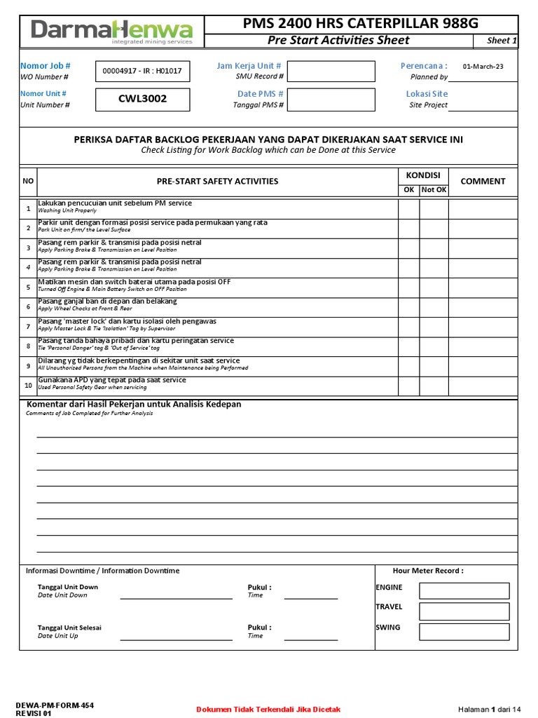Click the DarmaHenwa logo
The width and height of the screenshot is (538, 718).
[112, 31]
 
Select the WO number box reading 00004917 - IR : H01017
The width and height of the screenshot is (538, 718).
[142, 71]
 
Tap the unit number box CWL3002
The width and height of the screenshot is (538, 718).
[142, 99]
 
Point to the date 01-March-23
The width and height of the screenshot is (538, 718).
[483, 67]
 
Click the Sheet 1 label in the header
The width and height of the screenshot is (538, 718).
[501, 41]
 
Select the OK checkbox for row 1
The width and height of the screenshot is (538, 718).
[408, 209]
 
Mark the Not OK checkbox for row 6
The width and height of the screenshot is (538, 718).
[434, 307]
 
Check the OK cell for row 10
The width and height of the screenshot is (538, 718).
[408, 386]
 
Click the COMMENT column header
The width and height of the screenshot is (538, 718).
[483, 181]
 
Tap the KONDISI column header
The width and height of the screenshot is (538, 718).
[423, 175]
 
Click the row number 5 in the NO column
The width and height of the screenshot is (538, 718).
[28, 287]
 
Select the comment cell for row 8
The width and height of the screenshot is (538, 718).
[483, 346]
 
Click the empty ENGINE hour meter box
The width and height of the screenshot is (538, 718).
[464, 590]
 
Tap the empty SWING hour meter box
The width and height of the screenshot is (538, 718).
[464, 631]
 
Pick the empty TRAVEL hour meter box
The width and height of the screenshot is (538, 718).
[464, 611]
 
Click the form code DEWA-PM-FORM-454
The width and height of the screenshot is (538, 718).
[55, 705]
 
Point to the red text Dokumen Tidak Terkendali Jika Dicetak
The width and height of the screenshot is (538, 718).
[268, 710]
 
